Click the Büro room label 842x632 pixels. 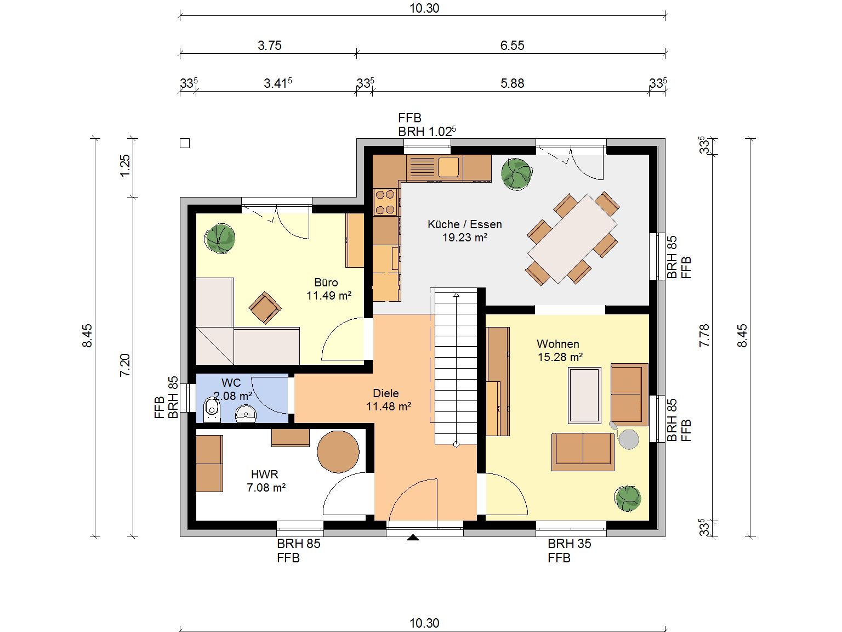tap(326, 283)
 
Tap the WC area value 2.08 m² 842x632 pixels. tap(232, 396)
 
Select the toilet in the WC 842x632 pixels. tap(212, 410)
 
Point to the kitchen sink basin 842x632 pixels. tap(448, 167)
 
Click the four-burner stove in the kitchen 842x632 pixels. tap(385, 202)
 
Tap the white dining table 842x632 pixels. tap(572, 238)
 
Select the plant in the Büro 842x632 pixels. tap(220, 239)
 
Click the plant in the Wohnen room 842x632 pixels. tap(628, 498)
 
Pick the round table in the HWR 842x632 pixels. tap(338, 452)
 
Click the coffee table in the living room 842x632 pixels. tap(584, 396)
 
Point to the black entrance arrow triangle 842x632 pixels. tap(413, 537)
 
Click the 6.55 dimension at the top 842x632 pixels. tap(512, 46)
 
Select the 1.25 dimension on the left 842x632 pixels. tap(126, 165)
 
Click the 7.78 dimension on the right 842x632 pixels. tap(704, 336)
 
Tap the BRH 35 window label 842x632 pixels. tap(569, 544)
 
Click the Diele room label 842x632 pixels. tap(386, 393)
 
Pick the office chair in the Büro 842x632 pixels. tap(265, 308)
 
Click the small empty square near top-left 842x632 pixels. tap(185, 144)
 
